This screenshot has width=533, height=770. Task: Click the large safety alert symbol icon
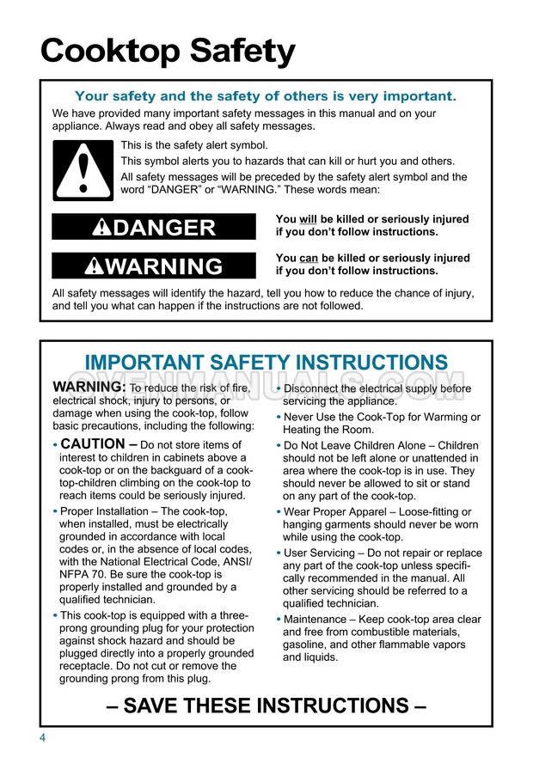(83, 169)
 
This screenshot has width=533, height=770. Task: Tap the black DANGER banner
(154, 227)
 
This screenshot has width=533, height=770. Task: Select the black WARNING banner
(154, 266)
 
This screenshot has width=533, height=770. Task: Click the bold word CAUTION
(92, 444)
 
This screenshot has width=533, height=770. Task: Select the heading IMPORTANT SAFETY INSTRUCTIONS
(266, 363)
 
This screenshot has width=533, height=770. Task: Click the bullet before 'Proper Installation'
(55, 512)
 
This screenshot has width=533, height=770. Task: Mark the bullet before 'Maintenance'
(279, 620)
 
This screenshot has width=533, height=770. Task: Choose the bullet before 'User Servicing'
(279, 553)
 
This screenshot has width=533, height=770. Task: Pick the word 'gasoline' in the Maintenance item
(309, 645)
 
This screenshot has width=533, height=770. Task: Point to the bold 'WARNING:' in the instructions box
(89, 388)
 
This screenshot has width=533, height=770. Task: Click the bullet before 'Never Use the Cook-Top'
(279, 418)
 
